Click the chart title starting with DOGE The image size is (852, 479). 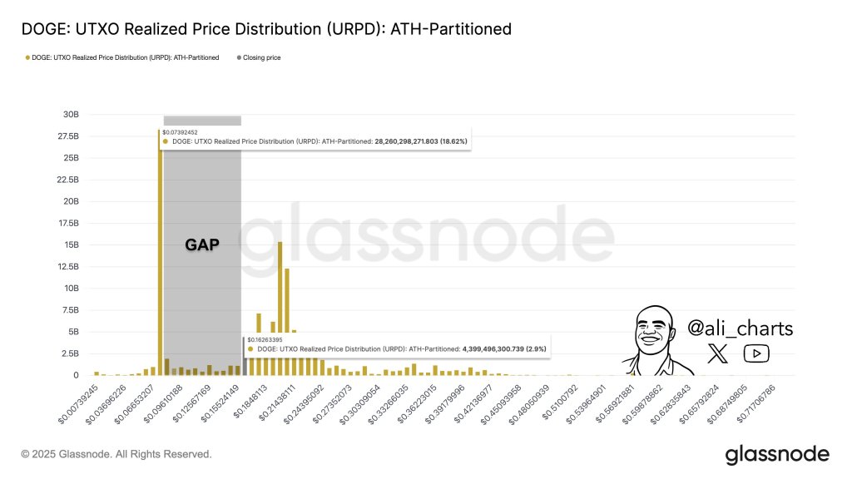(x=266, y=30)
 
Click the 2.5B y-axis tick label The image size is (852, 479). (x=70, y=353)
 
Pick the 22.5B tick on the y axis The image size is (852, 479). (x=68, y=180)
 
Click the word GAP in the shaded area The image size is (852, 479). (x=201, y=245)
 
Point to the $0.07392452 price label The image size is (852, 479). (x=181, y=131)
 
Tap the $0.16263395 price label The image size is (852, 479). (x=266, y=339)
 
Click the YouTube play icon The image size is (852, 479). (x=756, y=354)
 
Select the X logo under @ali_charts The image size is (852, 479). (x=717, y=354)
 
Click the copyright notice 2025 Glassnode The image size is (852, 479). (x=116, y=454)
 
